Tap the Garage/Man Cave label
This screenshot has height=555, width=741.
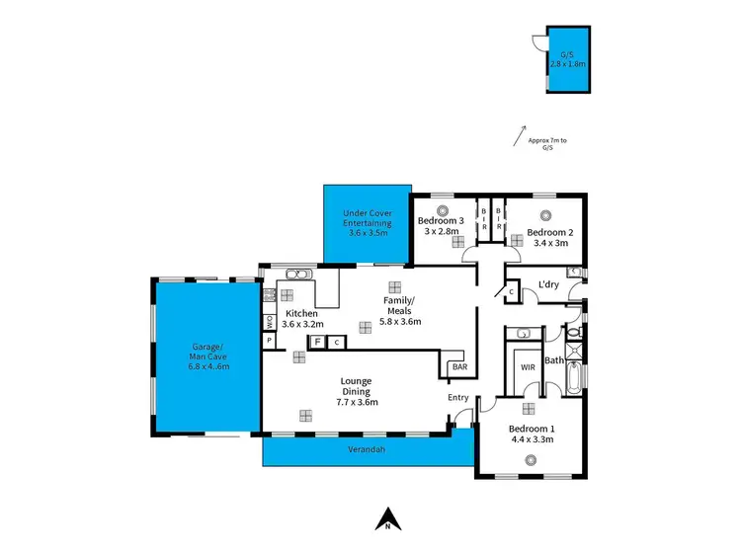208,356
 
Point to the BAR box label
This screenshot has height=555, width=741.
458,367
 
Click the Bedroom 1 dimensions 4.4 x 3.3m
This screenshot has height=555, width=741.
531,439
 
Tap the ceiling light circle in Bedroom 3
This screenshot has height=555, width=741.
443,208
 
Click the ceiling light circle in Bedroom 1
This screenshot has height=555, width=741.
531,460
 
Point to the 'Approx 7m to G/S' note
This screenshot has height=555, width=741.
547,144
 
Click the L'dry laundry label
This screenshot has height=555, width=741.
549,286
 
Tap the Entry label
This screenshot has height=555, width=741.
458,397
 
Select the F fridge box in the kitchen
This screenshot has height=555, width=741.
318,342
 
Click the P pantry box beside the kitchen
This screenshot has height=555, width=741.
268,341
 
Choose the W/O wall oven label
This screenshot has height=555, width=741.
268,321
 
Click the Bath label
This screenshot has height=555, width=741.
553,360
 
